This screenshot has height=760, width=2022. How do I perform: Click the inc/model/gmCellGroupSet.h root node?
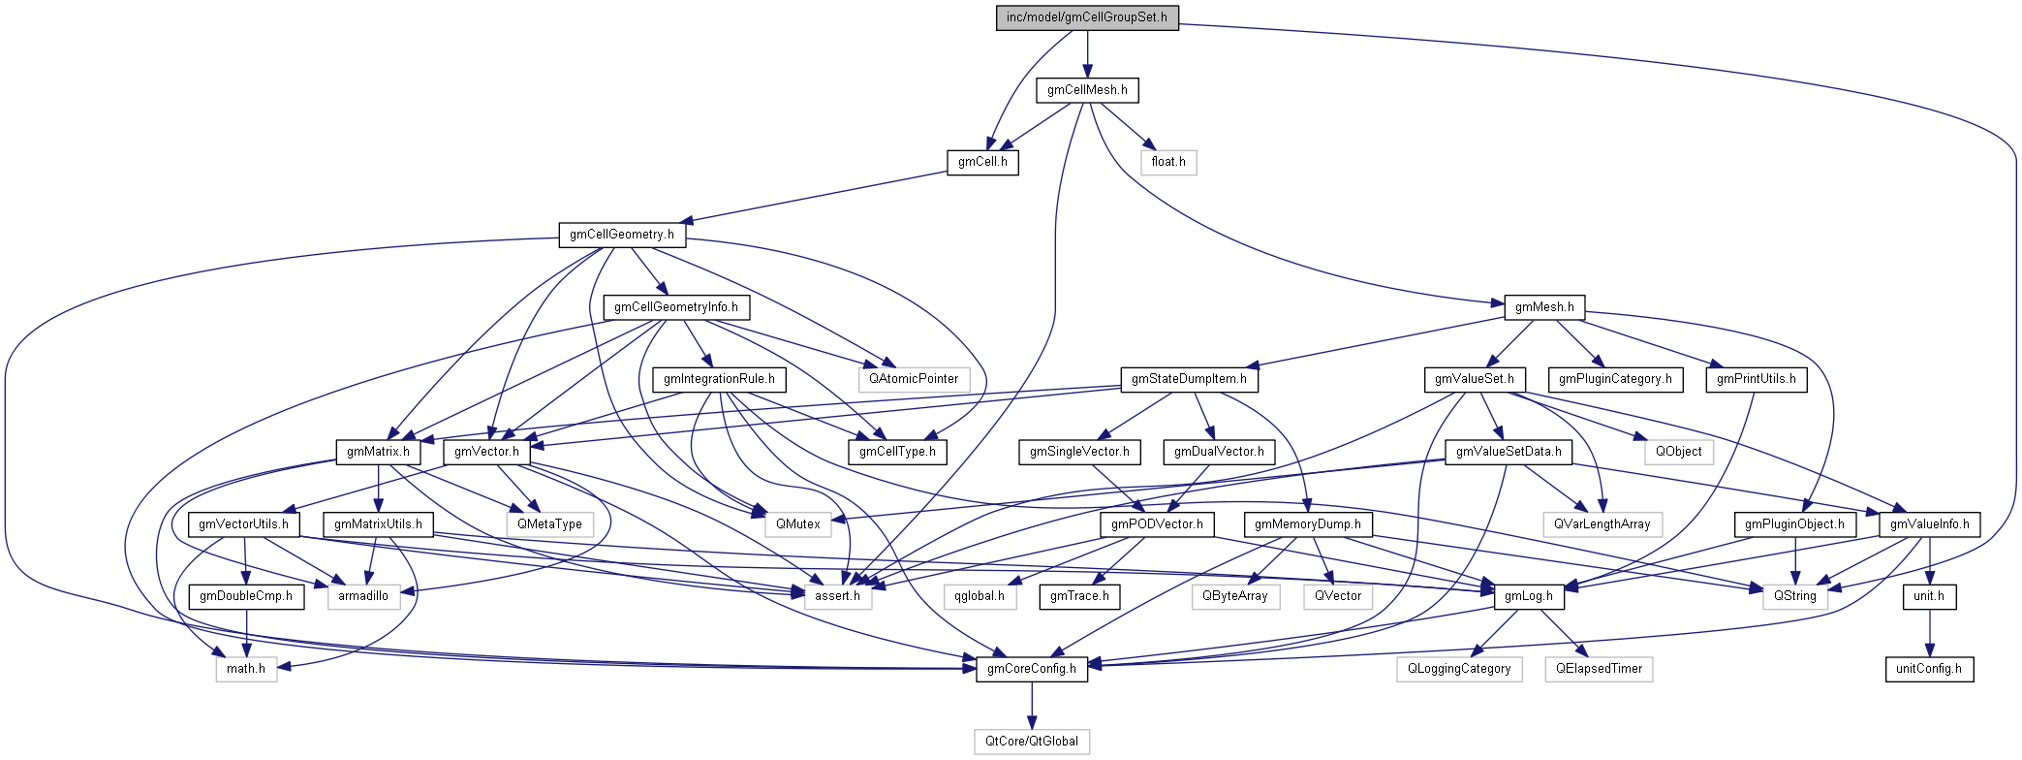(x=1087, y=17)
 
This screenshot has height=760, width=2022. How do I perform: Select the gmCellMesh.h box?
(x=1087, y=90)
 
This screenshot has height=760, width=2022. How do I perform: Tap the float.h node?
(x=1168, y=162)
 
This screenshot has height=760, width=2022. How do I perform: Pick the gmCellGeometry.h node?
(x=622, y=235)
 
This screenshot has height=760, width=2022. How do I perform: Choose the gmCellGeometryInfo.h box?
(x=676, y=307)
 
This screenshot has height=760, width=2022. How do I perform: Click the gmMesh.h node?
(x=1544, y=307)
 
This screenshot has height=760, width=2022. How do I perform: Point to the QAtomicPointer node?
(x=914, y=379)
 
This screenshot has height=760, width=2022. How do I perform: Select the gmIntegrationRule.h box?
(x=719, y=379)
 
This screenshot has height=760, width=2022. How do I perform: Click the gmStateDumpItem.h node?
(x=1189, y=379)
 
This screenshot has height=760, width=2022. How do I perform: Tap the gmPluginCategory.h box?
(x=1615, y=379)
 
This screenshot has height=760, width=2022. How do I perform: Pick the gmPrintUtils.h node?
(x=1756, y=379)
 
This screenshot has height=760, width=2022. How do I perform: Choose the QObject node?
(x=1678, y=452)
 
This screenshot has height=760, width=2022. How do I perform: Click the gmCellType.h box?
(x=897, y=452)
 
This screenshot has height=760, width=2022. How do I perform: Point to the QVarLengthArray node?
(x=1602, y=524)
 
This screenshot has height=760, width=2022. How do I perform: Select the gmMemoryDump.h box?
(x=1307, y=524)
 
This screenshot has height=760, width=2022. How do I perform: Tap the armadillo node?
(x=363, y=596)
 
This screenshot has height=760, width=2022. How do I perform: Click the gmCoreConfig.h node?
(x=1032, y=669)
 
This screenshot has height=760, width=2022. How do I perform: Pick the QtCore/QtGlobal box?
(x=1032, y=742)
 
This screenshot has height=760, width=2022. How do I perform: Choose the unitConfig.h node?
(x=1929, y=669)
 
